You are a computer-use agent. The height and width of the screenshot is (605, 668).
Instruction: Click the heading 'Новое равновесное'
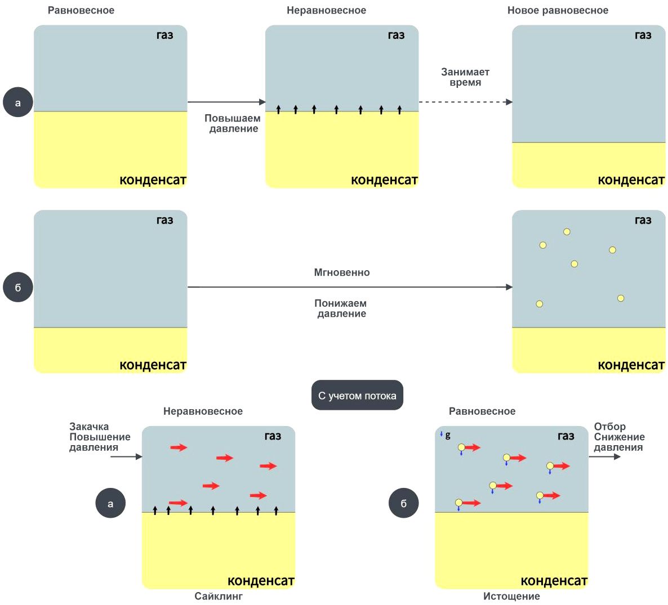coord(558,11)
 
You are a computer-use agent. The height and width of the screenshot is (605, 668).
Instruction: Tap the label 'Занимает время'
coord(465,77)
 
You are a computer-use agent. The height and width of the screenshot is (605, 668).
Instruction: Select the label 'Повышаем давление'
coord(233,123)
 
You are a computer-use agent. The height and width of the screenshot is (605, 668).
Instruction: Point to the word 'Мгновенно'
coord(342,272)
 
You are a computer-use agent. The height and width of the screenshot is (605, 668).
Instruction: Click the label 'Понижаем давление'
coord(341,308)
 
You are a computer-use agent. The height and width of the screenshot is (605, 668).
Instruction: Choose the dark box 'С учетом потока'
coord(357,396)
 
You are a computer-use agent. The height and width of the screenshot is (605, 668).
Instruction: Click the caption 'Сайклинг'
coord(219,596)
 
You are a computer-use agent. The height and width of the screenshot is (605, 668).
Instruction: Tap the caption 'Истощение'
coord(511,596)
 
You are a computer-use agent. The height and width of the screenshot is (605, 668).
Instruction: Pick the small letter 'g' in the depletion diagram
coord(448,435)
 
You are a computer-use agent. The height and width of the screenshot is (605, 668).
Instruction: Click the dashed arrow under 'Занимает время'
coord(465,102)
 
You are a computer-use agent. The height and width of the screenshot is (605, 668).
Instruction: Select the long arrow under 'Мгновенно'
coord(349,287)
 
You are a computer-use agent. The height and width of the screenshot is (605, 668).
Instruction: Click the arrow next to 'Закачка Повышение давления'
coord(126,456)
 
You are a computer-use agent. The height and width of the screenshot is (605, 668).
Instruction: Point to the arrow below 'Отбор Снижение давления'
coord(604,456)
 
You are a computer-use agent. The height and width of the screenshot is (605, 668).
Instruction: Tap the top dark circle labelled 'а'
coord(18,102)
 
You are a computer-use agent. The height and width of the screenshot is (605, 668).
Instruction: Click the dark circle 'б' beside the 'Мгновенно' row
coord(18,288)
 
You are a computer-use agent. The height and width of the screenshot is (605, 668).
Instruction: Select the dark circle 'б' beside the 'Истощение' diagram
coord(403,503)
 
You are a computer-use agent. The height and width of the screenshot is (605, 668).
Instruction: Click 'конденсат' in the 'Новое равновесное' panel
coord(631,180)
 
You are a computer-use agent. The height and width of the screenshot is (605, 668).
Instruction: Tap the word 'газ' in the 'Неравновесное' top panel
coord(397,35)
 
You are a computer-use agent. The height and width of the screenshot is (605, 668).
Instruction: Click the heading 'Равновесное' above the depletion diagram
coord(482,411)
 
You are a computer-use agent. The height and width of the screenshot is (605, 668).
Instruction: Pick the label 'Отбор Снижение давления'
coord(619,437)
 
